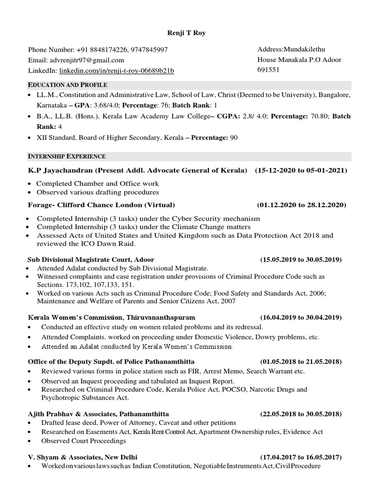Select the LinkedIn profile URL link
click(x=116, y=71)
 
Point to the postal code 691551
click(x=269, y=69)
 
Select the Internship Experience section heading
click(x=67, y=156)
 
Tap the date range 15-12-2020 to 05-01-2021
click(x=301, y=171)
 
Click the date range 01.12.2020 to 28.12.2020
click(x=301, y=205)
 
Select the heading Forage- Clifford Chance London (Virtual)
click(x=98, y=205)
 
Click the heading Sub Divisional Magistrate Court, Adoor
click(x=91, y=260)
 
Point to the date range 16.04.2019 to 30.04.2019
click(x=301, y=317)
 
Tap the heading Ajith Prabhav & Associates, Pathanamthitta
click(x=98, y=413)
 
